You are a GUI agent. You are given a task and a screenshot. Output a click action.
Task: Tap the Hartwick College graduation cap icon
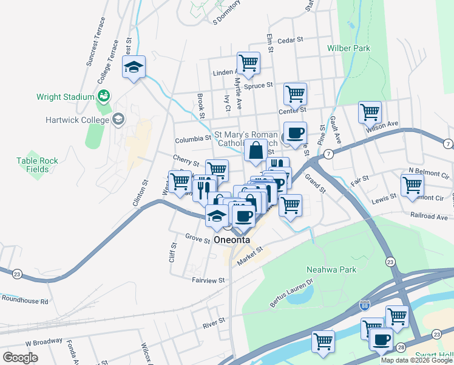pos(118,119)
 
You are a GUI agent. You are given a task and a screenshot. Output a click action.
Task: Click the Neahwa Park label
pos(331,269)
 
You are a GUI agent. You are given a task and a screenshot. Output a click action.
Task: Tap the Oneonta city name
pos(232,240)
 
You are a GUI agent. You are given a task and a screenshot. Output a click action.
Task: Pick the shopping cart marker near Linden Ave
pos(248,63)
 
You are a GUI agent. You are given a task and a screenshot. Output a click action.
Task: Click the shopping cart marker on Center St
pos(295,94)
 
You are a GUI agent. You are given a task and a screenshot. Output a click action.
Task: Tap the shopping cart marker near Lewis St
pos(412,185)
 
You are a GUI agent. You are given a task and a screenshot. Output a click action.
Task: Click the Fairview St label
pos(209,280)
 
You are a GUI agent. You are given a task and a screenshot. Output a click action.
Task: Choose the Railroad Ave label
pos(429,217)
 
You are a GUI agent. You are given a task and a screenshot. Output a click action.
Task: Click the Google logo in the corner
pos(20,358)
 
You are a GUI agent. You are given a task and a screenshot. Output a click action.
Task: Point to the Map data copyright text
pos(416,360)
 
